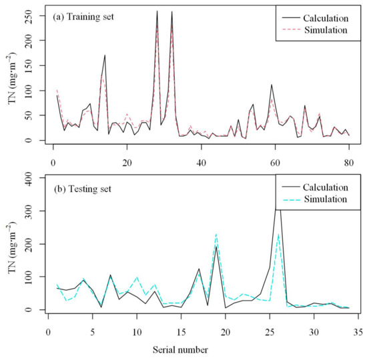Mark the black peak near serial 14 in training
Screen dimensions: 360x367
105,55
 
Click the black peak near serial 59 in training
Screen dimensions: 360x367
272,85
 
